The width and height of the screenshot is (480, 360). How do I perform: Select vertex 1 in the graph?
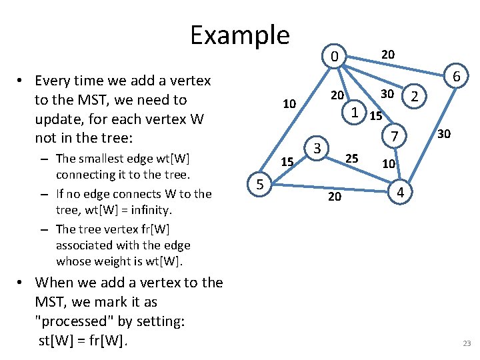click(356, 113)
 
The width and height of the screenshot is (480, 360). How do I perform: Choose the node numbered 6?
click(457, 77)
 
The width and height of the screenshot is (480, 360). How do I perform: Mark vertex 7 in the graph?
click(394, 137)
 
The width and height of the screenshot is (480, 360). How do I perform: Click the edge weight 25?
click(352, 159)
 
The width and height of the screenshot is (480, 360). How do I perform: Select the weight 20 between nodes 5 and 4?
click(335, 196)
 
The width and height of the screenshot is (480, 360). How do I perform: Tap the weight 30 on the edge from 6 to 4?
click(443, 135)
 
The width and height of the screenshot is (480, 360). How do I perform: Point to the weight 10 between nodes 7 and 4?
click(389, 163)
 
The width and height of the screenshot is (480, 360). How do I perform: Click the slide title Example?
click(239, 35)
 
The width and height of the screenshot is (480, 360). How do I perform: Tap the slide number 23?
click(466, 343)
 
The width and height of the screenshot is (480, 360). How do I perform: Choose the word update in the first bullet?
click(57, 120)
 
